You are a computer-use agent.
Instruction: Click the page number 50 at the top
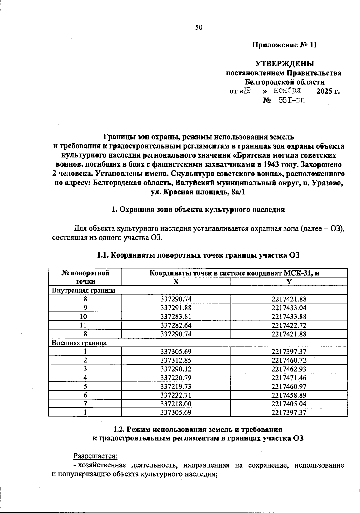click(x=199, y=28)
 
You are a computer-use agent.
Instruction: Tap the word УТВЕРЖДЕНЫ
click(x=285, y=64)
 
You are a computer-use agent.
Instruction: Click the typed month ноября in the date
click(x=285, y=90)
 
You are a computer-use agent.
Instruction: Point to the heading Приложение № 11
click(x=284, y=45)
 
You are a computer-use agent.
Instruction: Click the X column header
click(x=176, y=282)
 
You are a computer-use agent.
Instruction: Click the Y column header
click(x=289, y=282)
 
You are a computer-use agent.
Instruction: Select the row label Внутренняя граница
click(x=84, y=290)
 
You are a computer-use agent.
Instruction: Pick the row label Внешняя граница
click(x=79, y=343)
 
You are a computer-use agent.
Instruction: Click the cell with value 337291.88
click(x=176, y=308)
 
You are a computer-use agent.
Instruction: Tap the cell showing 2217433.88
click(x=289, y=317)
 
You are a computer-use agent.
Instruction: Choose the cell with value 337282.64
click(x=176, y=325)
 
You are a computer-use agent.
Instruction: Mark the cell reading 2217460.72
click(x=289, y=360)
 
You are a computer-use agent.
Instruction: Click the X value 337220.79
click(x=176, y=378)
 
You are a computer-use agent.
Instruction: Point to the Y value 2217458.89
click(x=289, y=395)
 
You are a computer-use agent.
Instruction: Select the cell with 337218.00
click(x=176, y=404)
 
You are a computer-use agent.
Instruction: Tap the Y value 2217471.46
click(x=289, y=378)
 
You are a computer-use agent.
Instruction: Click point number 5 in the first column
click(x=85, y=386)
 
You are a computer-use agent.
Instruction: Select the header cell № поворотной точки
click(x=85, y=277)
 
